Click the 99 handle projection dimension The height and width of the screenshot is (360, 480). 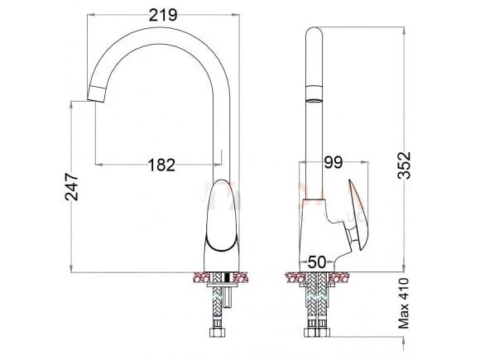(334, 162)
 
